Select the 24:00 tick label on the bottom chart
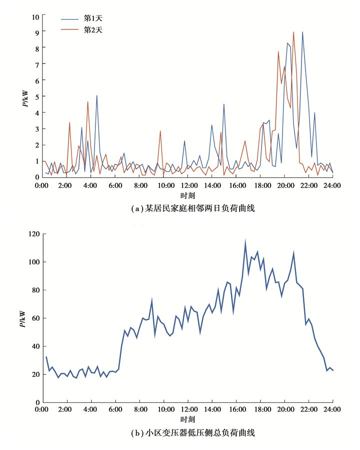(x=332, y=410)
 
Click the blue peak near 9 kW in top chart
(x=302, y=32)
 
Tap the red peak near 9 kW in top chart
(x=293, y=32)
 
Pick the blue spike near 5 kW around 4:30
(x=97, y=96)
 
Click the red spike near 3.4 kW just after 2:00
(x=69, y=122)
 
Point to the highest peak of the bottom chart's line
(x=245, y=240)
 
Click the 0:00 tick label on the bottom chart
(x=43, y=410)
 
